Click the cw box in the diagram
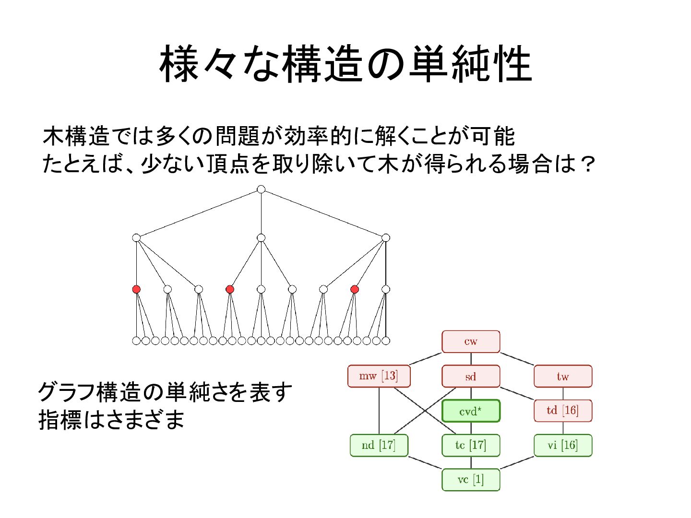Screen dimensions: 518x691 coord(471,341)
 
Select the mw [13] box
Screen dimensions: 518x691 coord(379,376)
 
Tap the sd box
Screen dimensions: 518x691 coord(471,377)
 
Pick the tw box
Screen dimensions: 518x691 coord(563,377)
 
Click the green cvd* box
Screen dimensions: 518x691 coord(471,411)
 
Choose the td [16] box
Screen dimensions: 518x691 coord(563,411)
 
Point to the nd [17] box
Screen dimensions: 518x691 coord(379,445)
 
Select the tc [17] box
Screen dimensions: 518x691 coord(471,445)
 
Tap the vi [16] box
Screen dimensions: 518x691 coord(563,445)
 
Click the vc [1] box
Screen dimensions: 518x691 coord(471,480)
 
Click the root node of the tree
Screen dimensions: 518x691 coord(261,189)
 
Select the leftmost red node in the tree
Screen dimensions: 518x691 coord(136,289)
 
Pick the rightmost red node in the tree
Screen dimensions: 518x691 coord(355,289)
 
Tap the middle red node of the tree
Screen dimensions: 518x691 coord(230,289)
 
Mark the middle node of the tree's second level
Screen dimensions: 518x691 coord(261,238)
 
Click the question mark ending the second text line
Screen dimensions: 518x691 coord(587,165)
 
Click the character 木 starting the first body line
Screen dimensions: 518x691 coord(53,136)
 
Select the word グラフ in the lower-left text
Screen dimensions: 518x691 coord(66,392)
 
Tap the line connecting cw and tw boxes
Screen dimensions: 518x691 coord(517,359)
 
